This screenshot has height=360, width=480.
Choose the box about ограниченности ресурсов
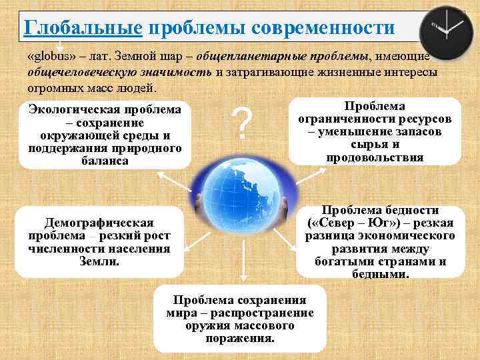(x=375, y=132)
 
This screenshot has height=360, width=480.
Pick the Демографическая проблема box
(x=99, y=242)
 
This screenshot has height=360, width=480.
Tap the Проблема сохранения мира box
(x=239, y=319)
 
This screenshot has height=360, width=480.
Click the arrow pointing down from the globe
(x=243, y=268)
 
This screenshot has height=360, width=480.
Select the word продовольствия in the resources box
(x=375, y=157)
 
